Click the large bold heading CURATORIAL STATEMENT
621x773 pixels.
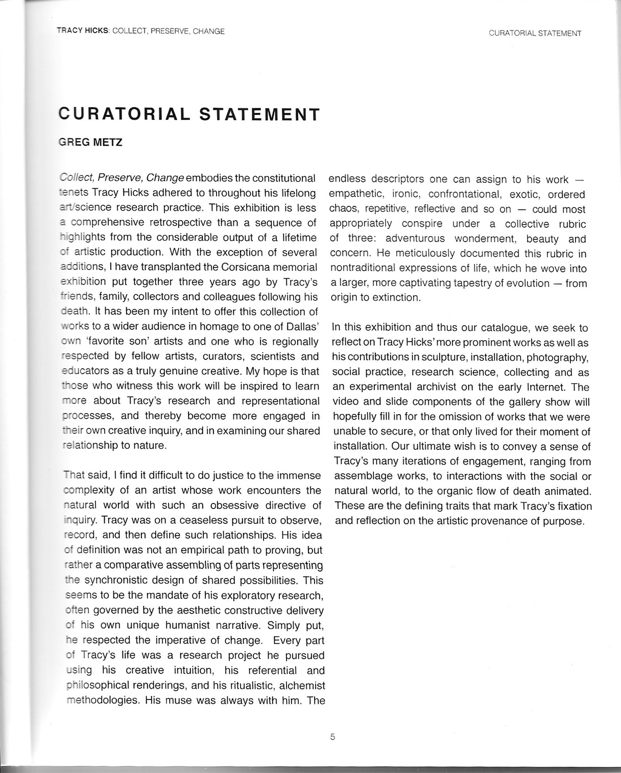point(189,113)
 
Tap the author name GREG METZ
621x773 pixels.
point(90,142)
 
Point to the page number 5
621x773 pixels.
point(332,737)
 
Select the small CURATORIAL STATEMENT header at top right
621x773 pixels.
point(535,33)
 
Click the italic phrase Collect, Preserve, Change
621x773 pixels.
point(122,178)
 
